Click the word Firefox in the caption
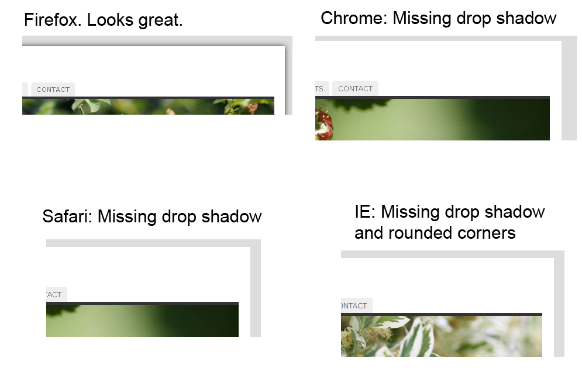[x=53, y=20]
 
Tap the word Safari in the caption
[x=67, y=216]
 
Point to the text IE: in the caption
[x=365, y=212]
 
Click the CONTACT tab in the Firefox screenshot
[x=53, y=90]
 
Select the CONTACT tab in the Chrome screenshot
[x=355, y=89]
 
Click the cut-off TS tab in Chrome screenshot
[x=322, y=89]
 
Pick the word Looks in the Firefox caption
[x=110, y=20]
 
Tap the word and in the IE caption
[x=369, y=233]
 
